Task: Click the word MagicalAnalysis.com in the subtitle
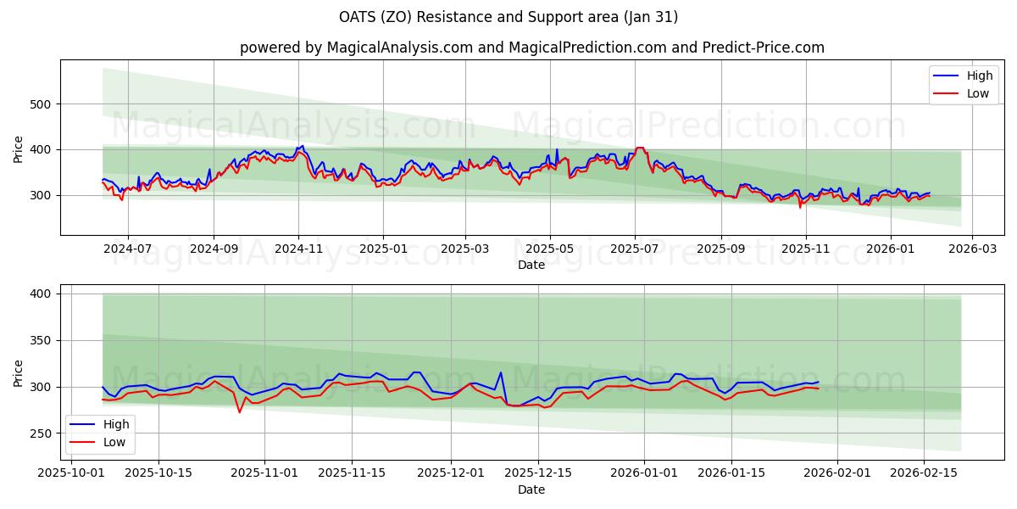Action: (400, 48)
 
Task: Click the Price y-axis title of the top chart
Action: (19, 148)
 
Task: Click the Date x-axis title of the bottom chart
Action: (531, 490)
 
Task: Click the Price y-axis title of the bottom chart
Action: (19, 372)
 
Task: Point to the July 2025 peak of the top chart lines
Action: (640, 148)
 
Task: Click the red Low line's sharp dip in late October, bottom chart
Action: (240, 412)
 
